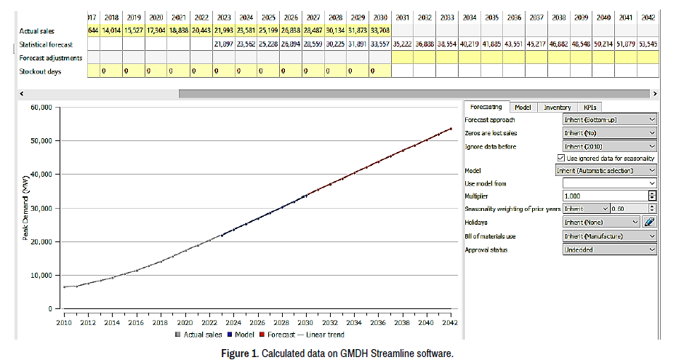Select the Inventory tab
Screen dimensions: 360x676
(557, 107)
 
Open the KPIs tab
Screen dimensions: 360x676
(590, 107)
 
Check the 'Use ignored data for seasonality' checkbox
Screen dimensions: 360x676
(560, 158)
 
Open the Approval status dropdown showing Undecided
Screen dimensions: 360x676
(609, 249)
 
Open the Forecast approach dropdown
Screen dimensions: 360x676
(609, 119)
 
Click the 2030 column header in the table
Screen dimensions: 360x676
(379, 17)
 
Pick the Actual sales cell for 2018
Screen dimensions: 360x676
(111, 31)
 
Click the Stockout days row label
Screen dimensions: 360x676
(40, 71)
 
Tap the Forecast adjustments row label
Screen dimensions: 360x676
(51, 57)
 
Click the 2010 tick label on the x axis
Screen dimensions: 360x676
(65, 322)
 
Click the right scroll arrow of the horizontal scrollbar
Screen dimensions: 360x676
(655, 93)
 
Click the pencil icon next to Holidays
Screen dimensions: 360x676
(650, 222)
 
